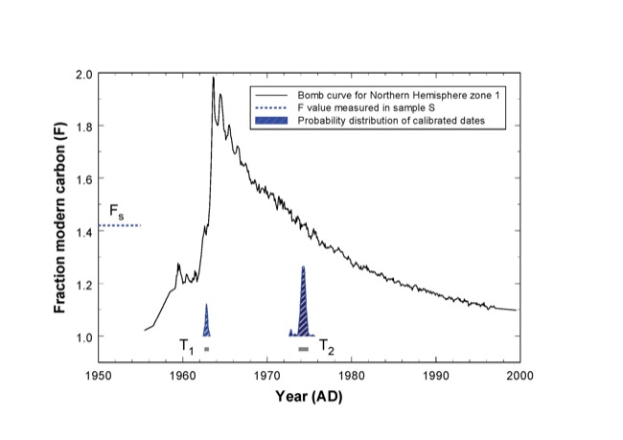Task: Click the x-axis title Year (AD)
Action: pyautogui.click(x=308, y=396)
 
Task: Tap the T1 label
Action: pyautogui.click(x=187, y=346)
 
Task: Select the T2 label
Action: pyautogui.click(x=327, y=346)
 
